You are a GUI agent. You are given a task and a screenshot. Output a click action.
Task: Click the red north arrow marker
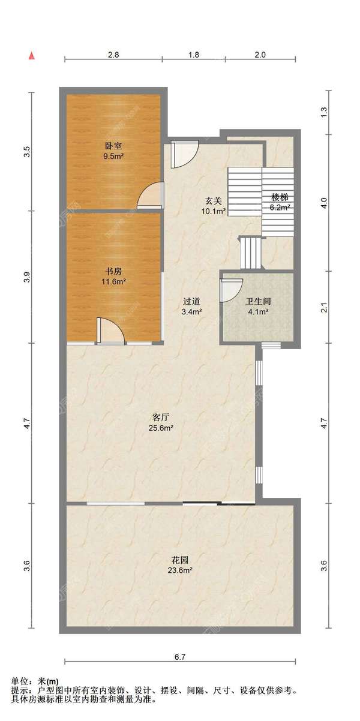click(32, 56)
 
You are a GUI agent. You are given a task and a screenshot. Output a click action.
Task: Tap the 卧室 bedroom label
click(113, 146)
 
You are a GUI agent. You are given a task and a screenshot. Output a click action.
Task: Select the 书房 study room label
click(113, 271)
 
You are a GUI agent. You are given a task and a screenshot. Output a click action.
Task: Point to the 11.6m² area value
click(113, 282)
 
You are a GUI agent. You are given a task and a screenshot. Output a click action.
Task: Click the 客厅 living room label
click(161, 417)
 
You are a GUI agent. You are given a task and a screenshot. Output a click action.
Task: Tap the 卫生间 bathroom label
click(258, 301)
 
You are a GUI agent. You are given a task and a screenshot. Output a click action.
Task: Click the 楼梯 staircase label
click(280, 197)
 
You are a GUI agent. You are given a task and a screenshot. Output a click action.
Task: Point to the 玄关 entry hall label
click(214, 201)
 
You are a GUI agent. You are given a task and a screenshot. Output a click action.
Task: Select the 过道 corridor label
click(191, 301)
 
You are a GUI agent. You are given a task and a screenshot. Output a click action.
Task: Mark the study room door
click(110, 331)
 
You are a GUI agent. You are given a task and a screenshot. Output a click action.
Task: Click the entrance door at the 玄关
click(185, 154)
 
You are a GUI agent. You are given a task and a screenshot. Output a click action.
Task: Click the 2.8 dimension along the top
click(113, 55)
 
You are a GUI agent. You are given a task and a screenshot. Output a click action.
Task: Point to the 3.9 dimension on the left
click(28, 278)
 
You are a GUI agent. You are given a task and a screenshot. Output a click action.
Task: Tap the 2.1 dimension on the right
click(323, 307)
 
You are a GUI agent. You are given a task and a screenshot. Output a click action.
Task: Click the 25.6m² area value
click(161, 428)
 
